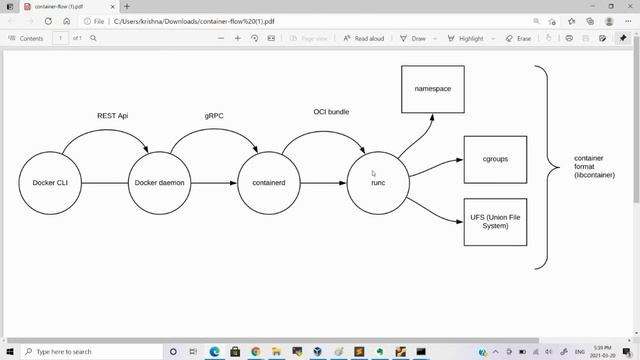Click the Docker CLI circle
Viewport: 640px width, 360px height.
coord(49,183)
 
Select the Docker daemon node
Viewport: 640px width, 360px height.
coord(160,183)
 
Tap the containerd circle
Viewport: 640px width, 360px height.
coord(269,183)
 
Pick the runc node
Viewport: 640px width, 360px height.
coord(378,183)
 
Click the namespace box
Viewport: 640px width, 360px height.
coord(433,90)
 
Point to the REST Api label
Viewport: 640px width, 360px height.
coord(112,116)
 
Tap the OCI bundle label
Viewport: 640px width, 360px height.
coord(331,111)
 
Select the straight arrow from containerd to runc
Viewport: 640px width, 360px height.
coord(323,183)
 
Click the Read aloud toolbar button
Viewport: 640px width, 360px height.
coord(364,38)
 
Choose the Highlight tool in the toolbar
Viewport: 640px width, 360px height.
coord(465,38)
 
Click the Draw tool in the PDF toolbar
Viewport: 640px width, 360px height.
coord(414,38)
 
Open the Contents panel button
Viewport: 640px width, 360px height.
coord(26,38)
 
